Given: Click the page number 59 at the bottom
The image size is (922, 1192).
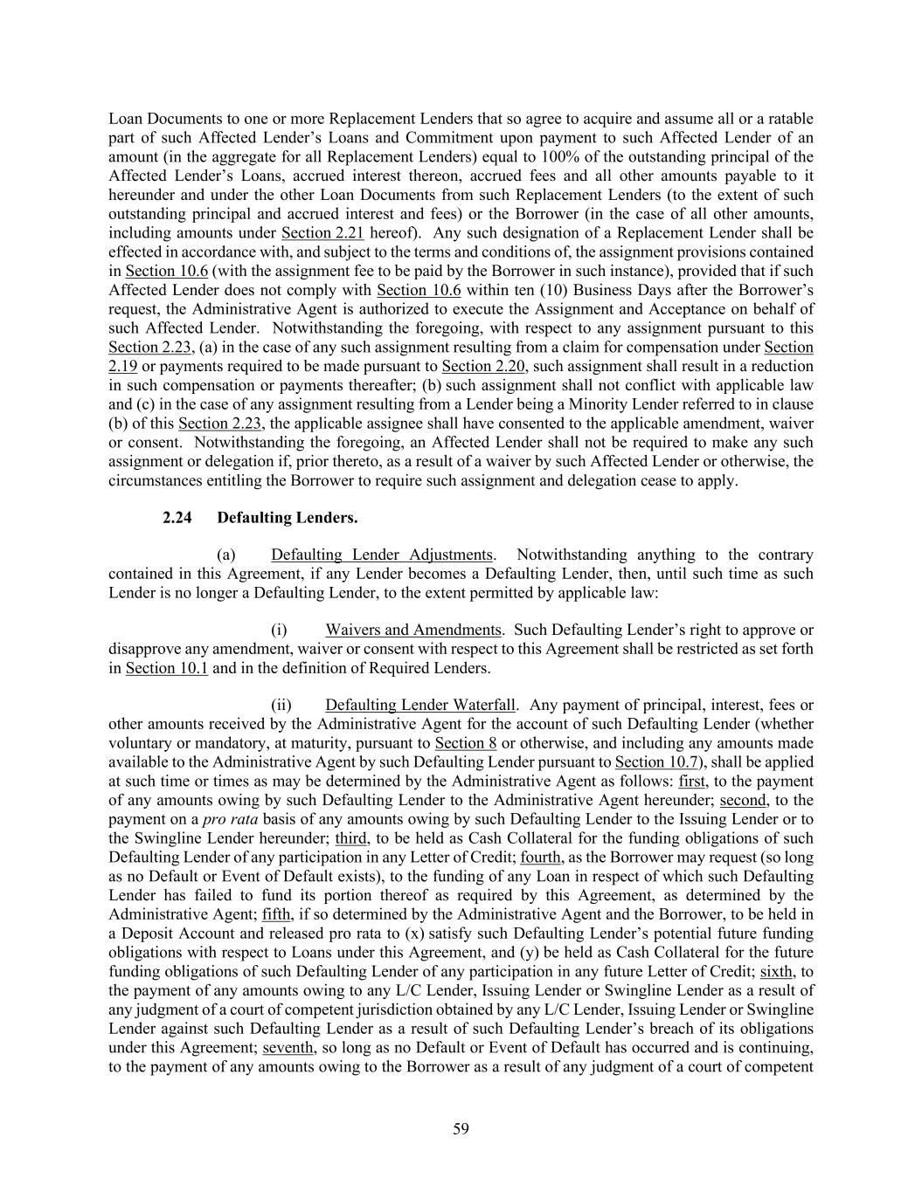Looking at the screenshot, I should [461, 1129].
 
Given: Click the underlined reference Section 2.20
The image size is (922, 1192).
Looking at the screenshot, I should [483, 367].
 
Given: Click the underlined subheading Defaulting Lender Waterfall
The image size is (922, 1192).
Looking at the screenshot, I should [420, 705].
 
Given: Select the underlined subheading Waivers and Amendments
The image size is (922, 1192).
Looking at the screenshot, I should [413, 630].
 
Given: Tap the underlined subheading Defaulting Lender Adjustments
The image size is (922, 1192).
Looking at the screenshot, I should [382, 555].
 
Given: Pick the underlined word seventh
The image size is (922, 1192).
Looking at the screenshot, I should [288, 1048].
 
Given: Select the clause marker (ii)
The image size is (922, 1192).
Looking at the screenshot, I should [281, 705].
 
